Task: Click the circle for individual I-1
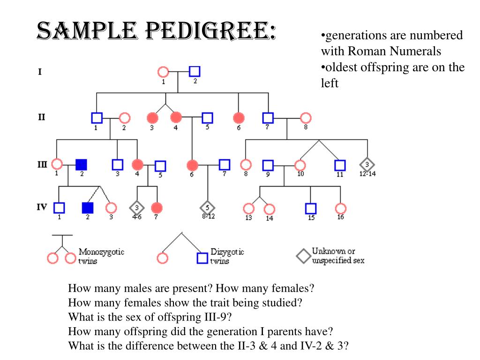[163, 72]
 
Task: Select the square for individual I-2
[195, 72]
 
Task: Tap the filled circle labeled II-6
[239, 118]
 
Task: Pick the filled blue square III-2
[81, 165]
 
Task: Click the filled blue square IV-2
[87, 207]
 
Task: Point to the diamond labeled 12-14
[367, 165]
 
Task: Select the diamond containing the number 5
[207, 207]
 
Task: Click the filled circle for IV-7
[157, 207]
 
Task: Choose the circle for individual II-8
[306, 118]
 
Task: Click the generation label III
[42, 164]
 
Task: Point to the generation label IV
[42, 206]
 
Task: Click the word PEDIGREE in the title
[201, 32]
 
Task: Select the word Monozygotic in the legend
[101, 252]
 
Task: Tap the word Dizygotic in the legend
[227, 252]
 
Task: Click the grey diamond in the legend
[303, 256]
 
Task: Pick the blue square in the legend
[202, 258]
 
